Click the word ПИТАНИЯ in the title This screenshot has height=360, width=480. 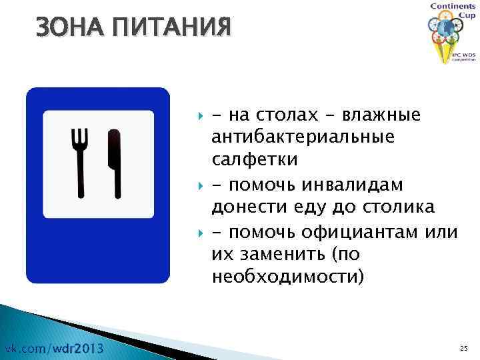[x=166, y=28]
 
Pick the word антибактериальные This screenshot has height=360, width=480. [x=303, y=138]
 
